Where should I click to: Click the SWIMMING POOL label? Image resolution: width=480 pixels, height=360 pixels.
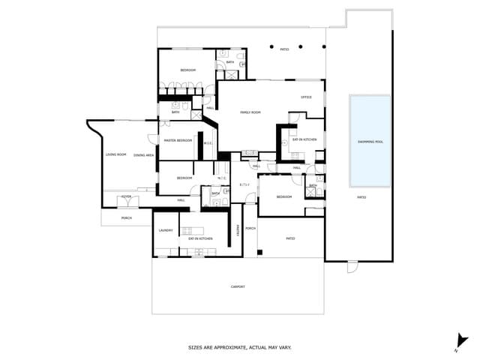tap(370, 141)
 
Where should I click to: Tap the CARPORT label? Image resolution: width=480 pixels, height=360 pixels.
tap(238, 286)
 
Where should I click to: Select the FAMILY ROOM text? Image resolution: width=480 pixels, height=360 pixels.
tap(250, 112)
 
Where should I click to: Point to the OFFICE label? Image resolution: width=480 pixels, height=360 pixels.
tap(306, 97)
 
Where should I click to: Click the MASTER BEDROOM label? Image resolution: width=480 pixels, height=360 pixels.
tap(178, 140)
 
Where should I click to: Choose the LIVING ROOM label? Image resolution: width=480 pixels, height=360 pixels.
tap(115, 154)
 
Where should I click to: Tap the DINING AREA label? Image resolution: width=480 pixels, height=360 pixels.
tap(144, 154)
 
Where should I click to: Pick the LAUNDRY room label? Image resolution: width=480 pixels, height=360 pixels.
tap(166, 230)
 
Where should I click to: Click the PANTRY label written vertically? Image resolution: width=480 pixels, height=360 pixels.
tap(238, 229)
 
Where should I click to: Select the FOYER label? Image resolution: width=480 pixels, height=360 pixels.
tap(127, 196)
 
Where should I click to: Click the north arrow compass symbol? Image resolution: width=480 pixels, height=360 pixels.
tap(462, 342)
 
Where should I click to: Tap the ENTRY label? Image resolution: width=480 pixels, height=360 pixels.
tap(244, 184)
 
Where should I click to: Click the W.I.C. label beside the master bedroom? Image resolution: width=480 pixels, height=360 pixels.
tap(208, 143)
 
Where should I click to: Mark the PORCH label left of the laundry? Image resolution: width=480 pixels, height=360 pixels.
tap(127, 218)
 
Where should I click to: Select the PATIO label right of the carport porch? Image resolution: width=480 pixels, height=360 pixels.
tap(290, 238)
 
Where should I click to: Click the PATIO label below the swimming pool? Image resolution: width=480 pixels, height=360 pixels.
tap(361, 197)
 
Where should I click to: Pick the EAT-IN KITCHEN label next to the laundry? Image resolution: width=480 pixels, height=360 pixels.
tap(200, 238)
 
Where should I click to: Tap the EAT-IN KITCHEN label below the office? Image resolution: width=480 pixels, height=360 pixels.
tap(304, 139)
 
